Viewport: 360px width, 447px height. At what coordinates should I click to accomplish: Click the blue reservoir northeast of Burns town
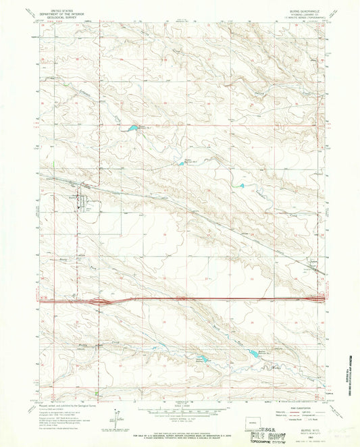(134, 127)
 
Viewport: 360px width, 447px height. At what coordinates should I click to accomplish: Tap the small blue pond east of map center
(241, 185)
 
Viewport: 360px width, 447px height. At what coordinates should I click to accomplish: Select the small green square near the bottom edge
(97, 394)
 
